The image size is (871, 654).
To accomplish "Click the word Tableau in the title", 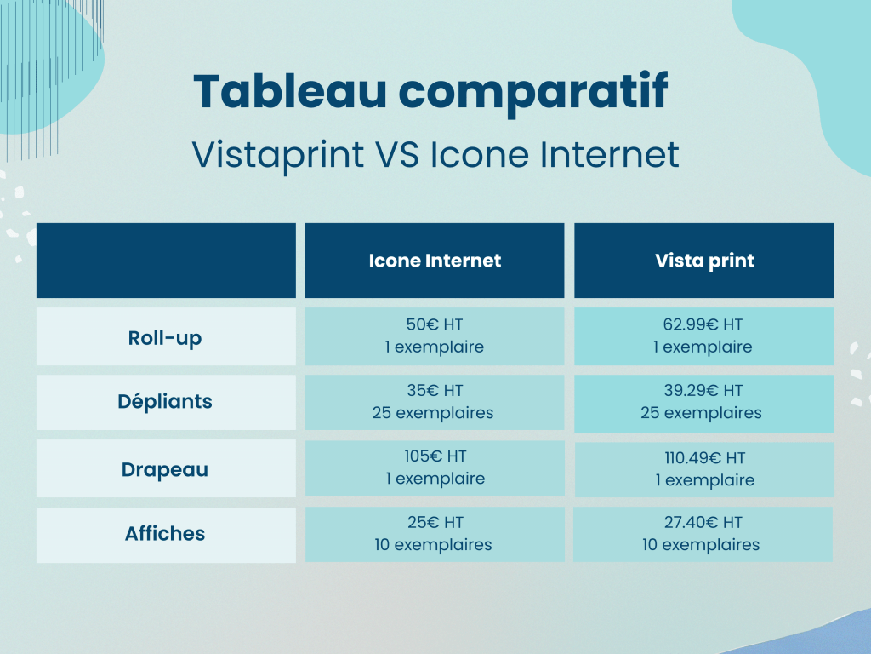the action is [x=289, y=90].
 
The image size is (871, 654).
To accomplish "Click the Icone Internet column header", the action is [x=435, y=261].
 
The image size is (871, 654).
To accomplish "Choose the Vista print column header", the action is [x=704, y=261].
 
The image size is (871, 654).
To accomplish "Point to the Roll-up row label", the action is [x=165, y=338].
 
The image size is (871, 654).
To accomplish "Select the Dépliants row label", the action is [x=165, y=402].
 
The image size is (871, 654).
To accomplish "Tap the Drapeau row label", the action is [x=165, y=470].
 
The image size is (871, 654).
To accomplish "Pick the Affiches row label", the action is [x=165, y=533].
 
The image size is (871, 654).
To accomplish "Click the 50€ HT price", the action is [x=435, y=324].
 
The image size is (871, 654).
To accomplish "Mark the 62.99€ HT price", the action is [x=703, y=324].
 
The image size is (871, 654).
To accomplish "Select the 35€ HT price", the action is [x=435, y=390].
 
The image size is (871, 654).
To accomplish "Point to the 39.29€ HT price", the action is [x=703, y=390].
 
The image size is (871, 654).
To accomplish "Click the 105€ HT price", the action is [x=435, y=456].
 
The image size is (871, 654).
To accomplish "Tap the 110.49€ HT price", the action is [x=704, y=457].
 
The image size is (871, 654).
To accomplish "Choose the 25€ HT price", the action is [x=435, y=522].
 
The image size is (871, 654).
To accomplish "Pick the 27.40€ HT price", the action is [x=703, y=522].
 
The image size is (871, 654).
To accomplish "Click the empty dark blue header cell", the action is [x=166, y=261].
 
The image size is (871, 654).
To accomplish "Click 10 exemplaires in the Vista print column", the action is [x=701, y=544].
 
